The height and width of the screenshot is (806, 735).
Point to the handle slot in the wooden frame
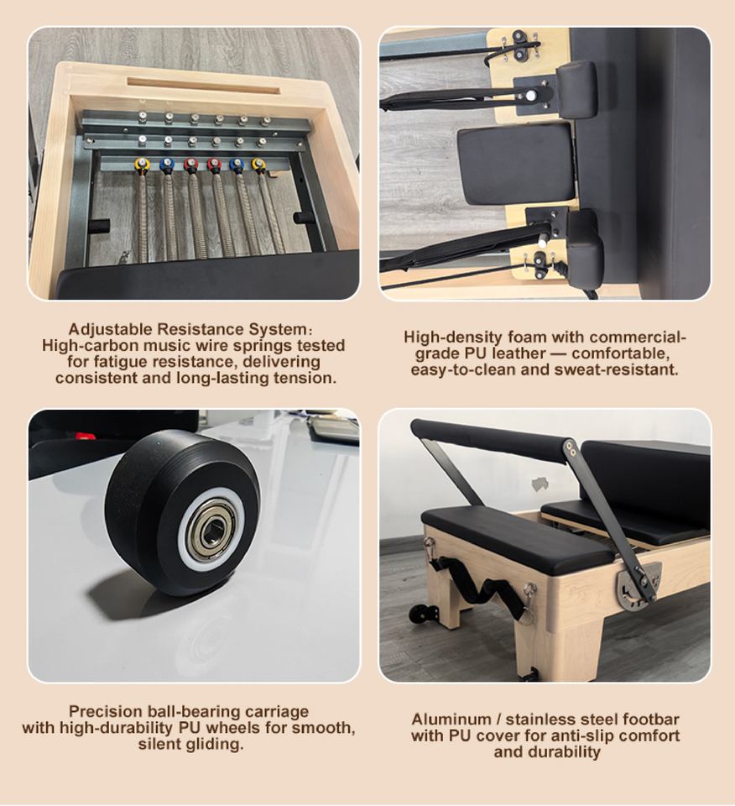tap(203, 86)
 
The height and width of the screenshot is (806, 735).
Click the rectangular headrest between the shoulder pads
tap(516, 165)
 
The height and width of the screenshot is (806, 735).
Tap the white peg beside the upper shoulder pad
tap(531, 96)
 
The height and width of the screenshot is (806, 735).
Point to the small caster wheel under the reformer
tap(420, 614)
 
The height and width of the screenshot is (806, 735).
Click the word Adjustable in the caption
tap(111, 329)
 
